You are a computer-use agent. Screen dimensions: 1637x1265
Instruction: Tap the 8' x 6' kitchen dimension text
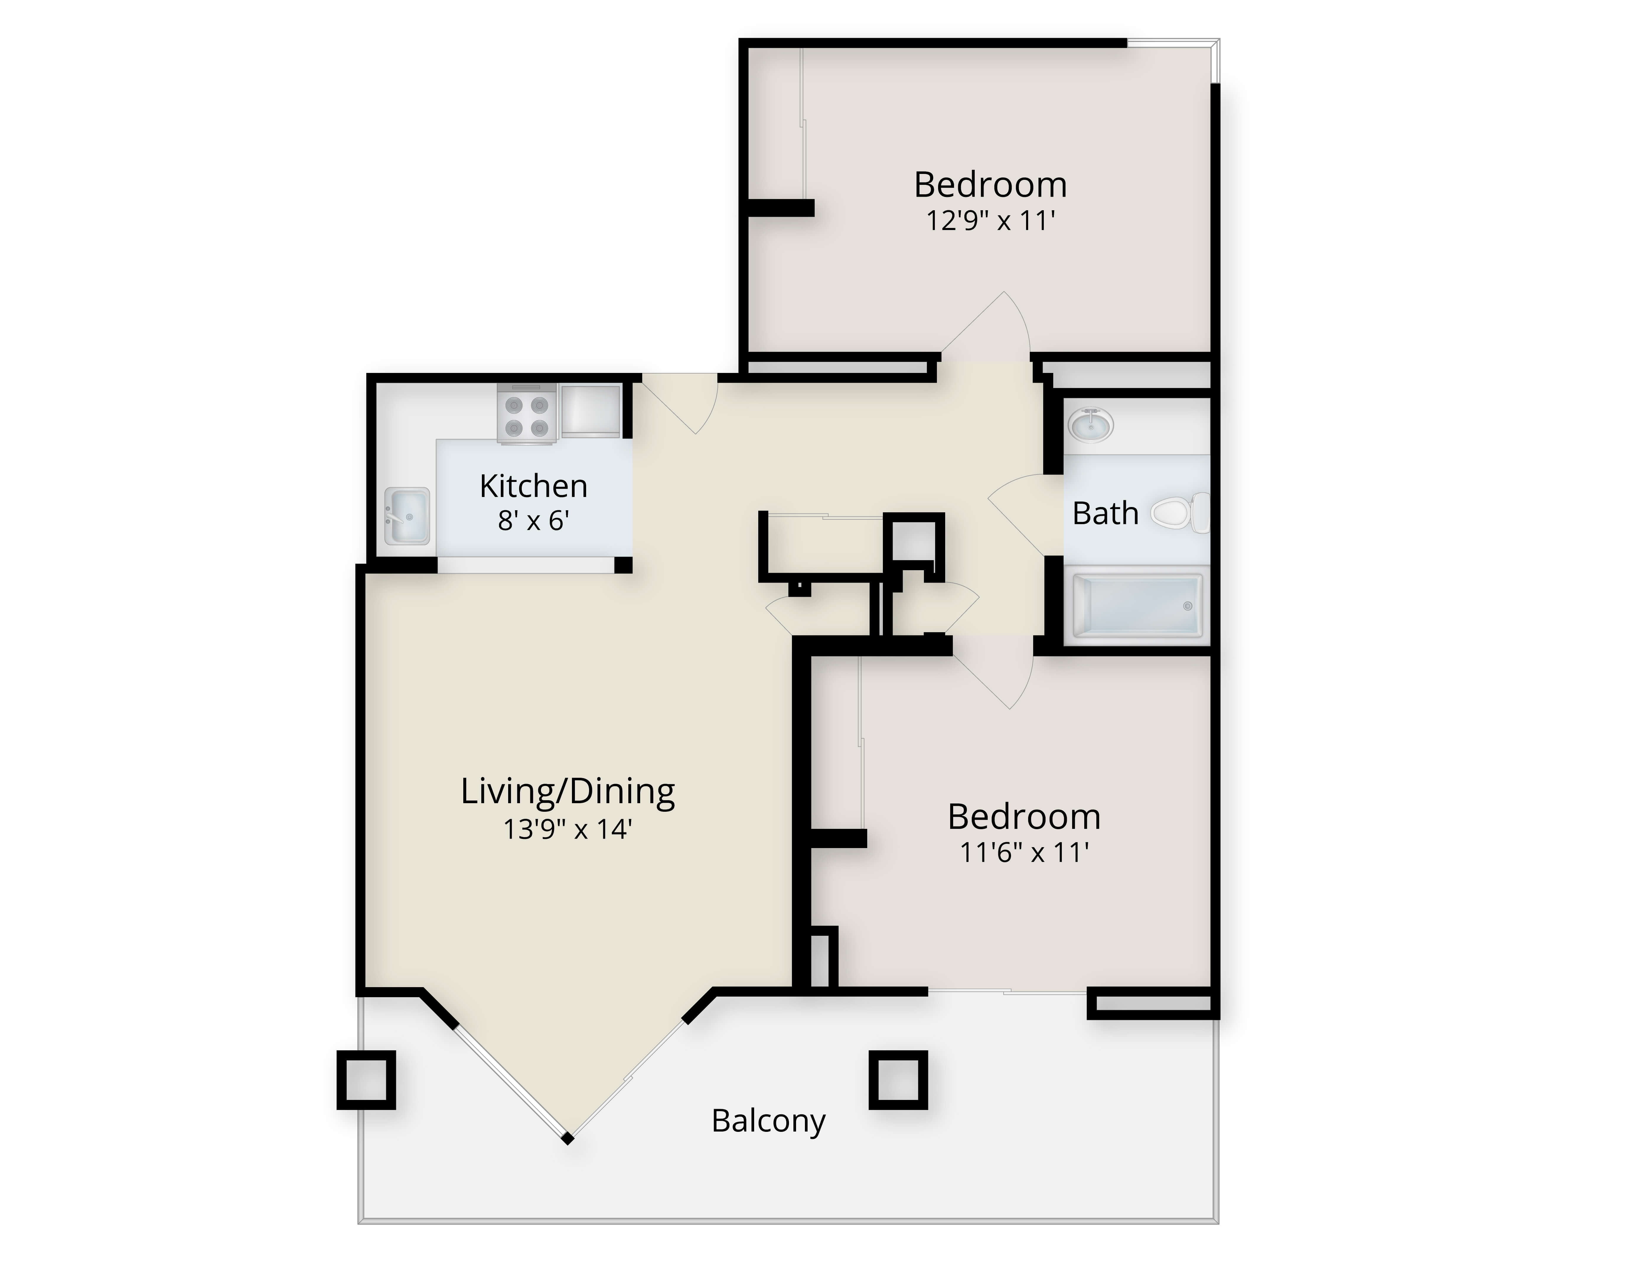click(534, 520)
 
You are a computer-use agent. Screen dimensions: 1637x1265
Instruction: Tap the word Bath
click(1106, 513)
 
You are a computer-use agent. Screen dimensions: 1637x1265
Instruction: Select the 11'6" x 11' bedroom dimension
click(1025, 852)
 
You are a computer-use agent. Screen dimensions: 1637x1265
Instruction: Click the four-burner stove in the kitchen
click(526, 414)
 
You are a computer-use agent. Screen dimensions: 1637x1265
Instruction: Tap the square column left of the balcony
click(366, 1080)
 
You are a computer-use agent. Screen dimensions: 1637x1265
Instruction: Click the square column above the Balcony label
click(898, 1080)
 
